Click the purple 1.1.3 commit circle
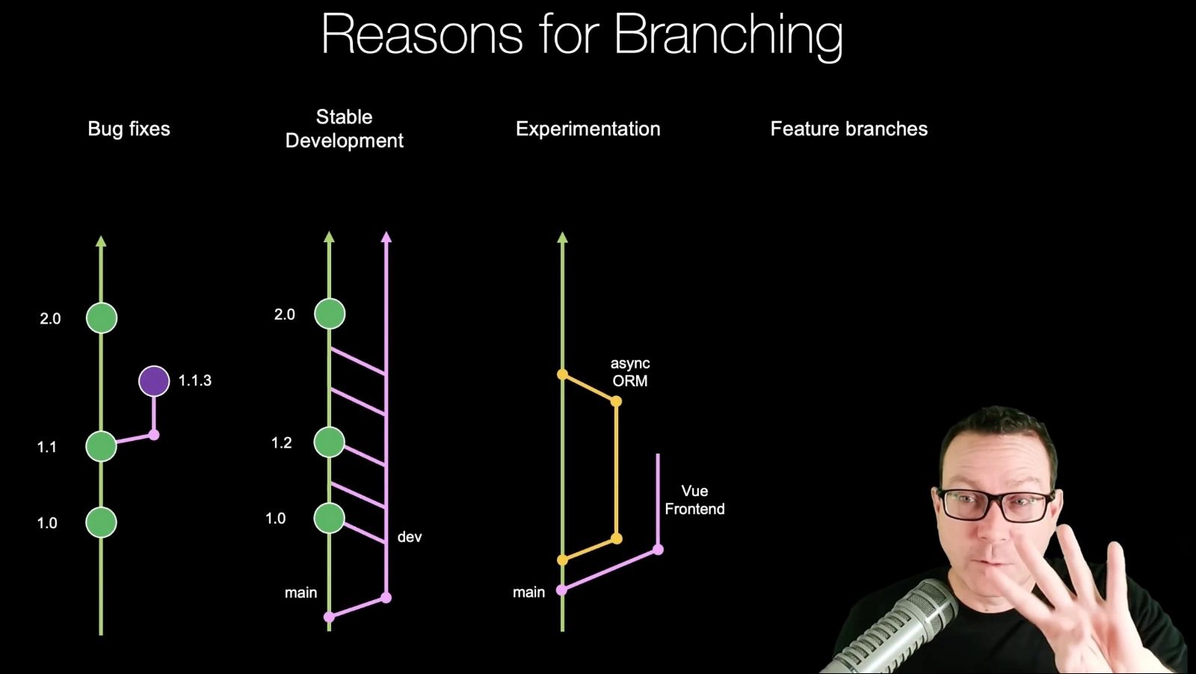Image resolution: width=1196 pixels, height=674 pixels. point(154,381)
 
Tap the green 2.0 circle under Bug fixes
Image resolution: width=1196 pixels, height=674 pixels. point(102,318)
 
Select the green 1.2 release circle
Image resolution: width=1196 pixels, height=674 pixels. point(330,442)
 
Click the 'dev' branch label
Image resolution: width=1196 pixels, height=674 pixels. point(410,537)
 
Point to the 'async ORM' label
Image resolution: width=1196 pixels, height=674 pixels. point(630,372)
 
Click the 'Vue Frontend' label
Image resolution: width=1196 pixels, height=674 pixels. point(694,500)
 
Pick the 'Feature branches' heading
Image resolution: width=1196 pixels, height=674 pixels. point(849,129)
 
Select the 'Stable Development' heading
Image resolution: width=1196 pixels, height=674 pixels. point(345,129)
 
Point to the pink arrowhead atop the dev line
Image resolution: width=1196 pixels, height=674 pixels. point(386,237)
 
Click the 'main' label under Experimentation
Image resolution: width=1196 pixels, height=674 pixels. point(528,593)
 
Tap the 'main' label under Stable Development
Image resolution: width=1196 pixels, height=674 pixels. point(300,593)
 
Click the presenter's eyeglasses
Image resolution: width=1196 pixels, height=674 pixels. point(996,504)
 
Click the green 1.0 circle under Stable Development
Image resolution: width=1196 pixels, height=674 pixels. point(330,518)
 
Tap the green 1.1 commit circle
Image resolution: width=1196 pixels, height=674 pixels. point(102,446)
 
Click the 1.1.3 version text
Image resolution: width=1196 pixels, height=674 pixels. point(195,381)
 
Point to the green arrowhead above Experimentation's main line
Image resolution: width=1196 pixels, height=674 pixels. point(562,238)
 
